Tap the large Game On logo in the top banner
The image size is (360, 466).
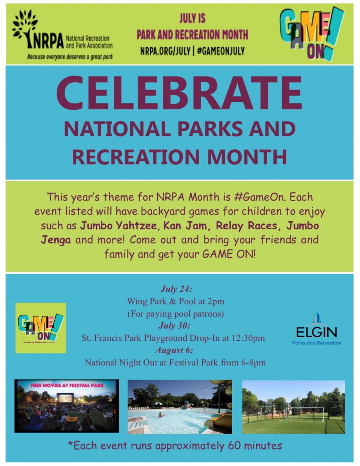pos(311,33)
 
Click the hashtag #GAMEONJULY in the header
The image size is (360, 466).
pos(222,51)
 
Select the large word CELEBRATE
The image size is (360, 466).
pos(179,92)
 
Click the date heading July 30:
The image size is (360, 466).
pos(175,326)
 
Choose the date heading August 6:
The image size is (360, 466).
pos(175,350)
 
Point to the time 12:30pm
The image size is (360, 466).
pos(248,338)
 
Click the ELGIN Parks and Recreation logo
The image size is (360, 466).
pos(316,329)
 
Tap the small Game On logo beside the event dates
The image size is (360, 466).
pos(41,328)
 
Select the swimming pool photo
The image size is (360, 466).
pos(179,406)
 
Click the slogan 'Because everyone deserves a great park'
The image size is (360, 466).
pos(70,57)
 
